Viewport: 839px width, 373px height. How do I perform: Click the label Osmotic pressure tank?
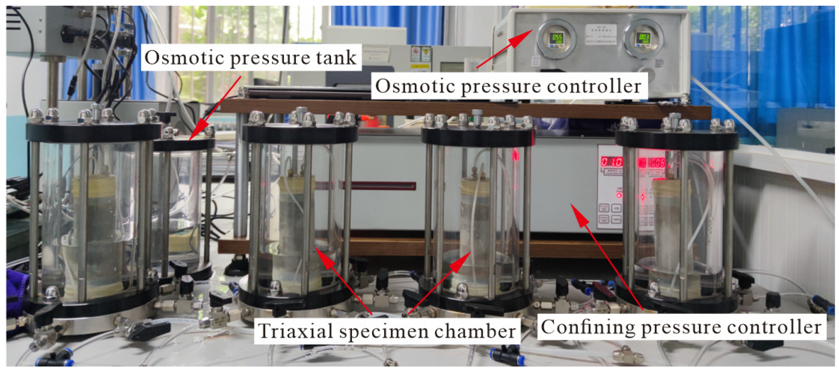click(250, 58)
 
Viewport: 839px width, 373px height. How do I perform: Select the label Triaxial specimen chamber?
click(387, 331)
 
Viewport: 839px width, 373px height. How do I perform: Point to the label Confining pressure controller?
click(681, 327)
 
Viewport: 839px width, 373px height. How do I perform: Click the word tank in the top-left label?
click(336, 58)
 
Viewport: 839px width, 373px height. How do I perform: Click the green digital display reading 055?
click(557, 38)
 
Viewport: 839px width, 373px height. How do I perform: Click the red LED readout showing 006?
click(657, 163)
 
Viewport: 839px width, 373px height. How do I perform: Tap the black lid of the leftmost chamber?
click(93, 131)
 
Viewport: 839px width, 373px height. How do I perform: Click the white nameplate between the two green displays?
click(600, 34)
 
